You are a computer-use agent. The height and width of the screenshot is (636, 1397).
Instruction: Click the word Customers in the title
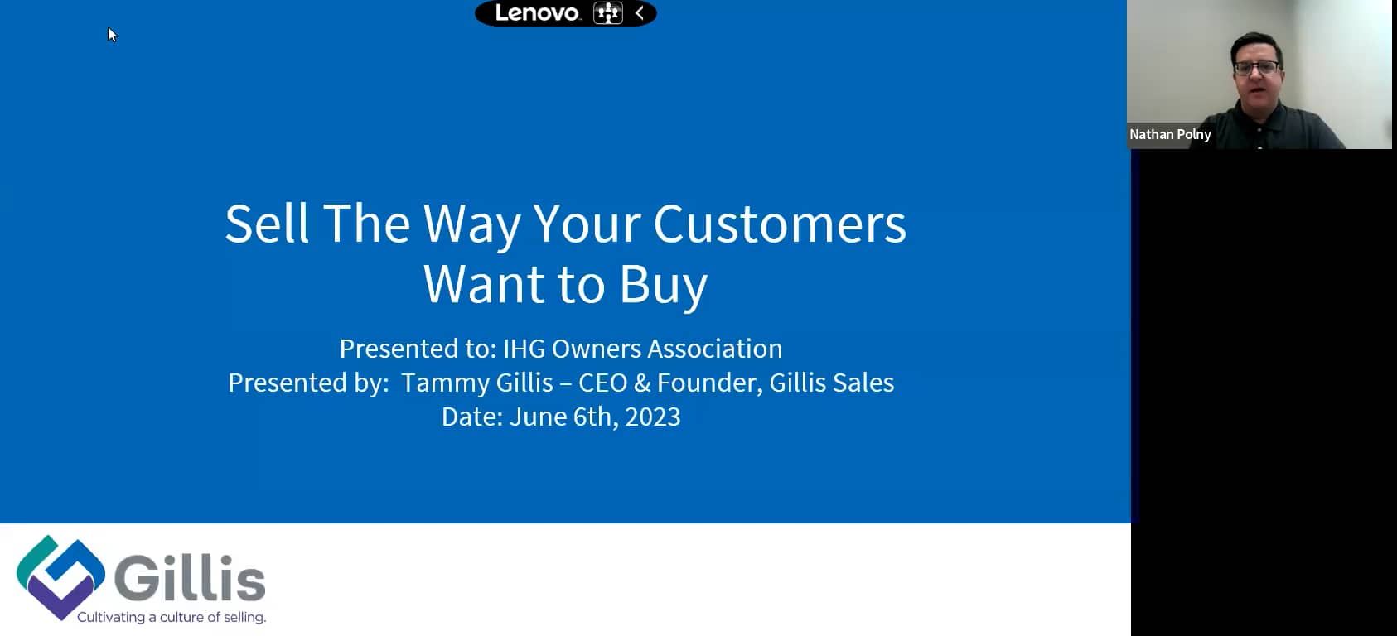click(x=779, y=224)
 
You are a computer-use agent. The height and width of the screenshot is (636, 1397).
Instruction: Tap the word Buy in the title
click(x=663, y=285)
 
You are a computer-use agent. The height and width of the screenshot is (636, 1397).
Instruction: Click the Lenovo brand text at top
click(x=537, y=13)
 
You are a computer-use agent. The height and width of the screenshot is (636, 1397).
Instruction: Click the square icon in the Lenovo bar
click(x=607, y=13)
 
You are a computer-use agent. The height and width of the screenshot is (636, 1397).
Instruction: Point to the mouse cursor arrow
click(x=111, y=34)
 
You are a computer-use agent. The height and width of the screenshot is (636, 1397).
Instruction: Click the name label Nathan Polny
click(x=1170, y=134)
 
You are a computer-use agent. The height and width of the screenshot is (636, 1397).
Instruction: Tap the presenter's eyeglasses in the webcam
click(x=1256, y=68)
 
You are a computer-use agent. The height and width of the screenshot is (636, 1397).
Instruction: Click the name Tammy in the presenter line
click(x=436, y=383)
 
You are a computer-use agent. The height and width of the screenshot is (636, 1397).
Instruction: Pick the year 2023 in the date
click(x=652, y=417)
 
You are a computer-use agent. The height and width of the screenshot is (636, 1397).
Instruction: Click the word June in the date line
click(x=537, y=417)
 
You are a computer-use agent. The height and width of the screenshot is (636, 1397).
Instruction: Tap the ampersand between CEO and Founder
click(x=641, y=383)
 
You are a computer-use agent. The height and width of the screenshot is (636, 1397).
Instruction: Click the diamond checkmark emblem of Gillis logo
click(x=60, y=576)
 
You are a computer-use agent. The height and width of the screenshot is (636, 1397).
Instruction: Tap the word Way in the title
click(x=472, y=224)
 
